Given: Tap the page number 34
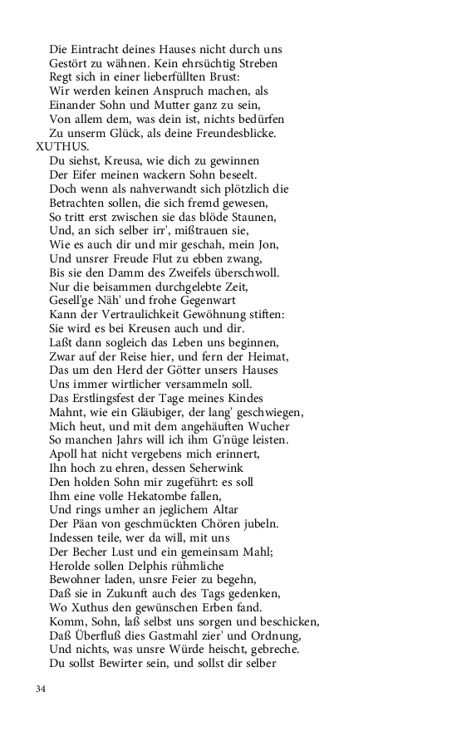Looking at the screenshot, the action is coord(41,689).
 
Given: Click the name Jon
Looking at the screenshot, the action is coord(269,245).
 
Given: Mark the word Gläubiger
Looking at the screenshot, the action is coord(175,412).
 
